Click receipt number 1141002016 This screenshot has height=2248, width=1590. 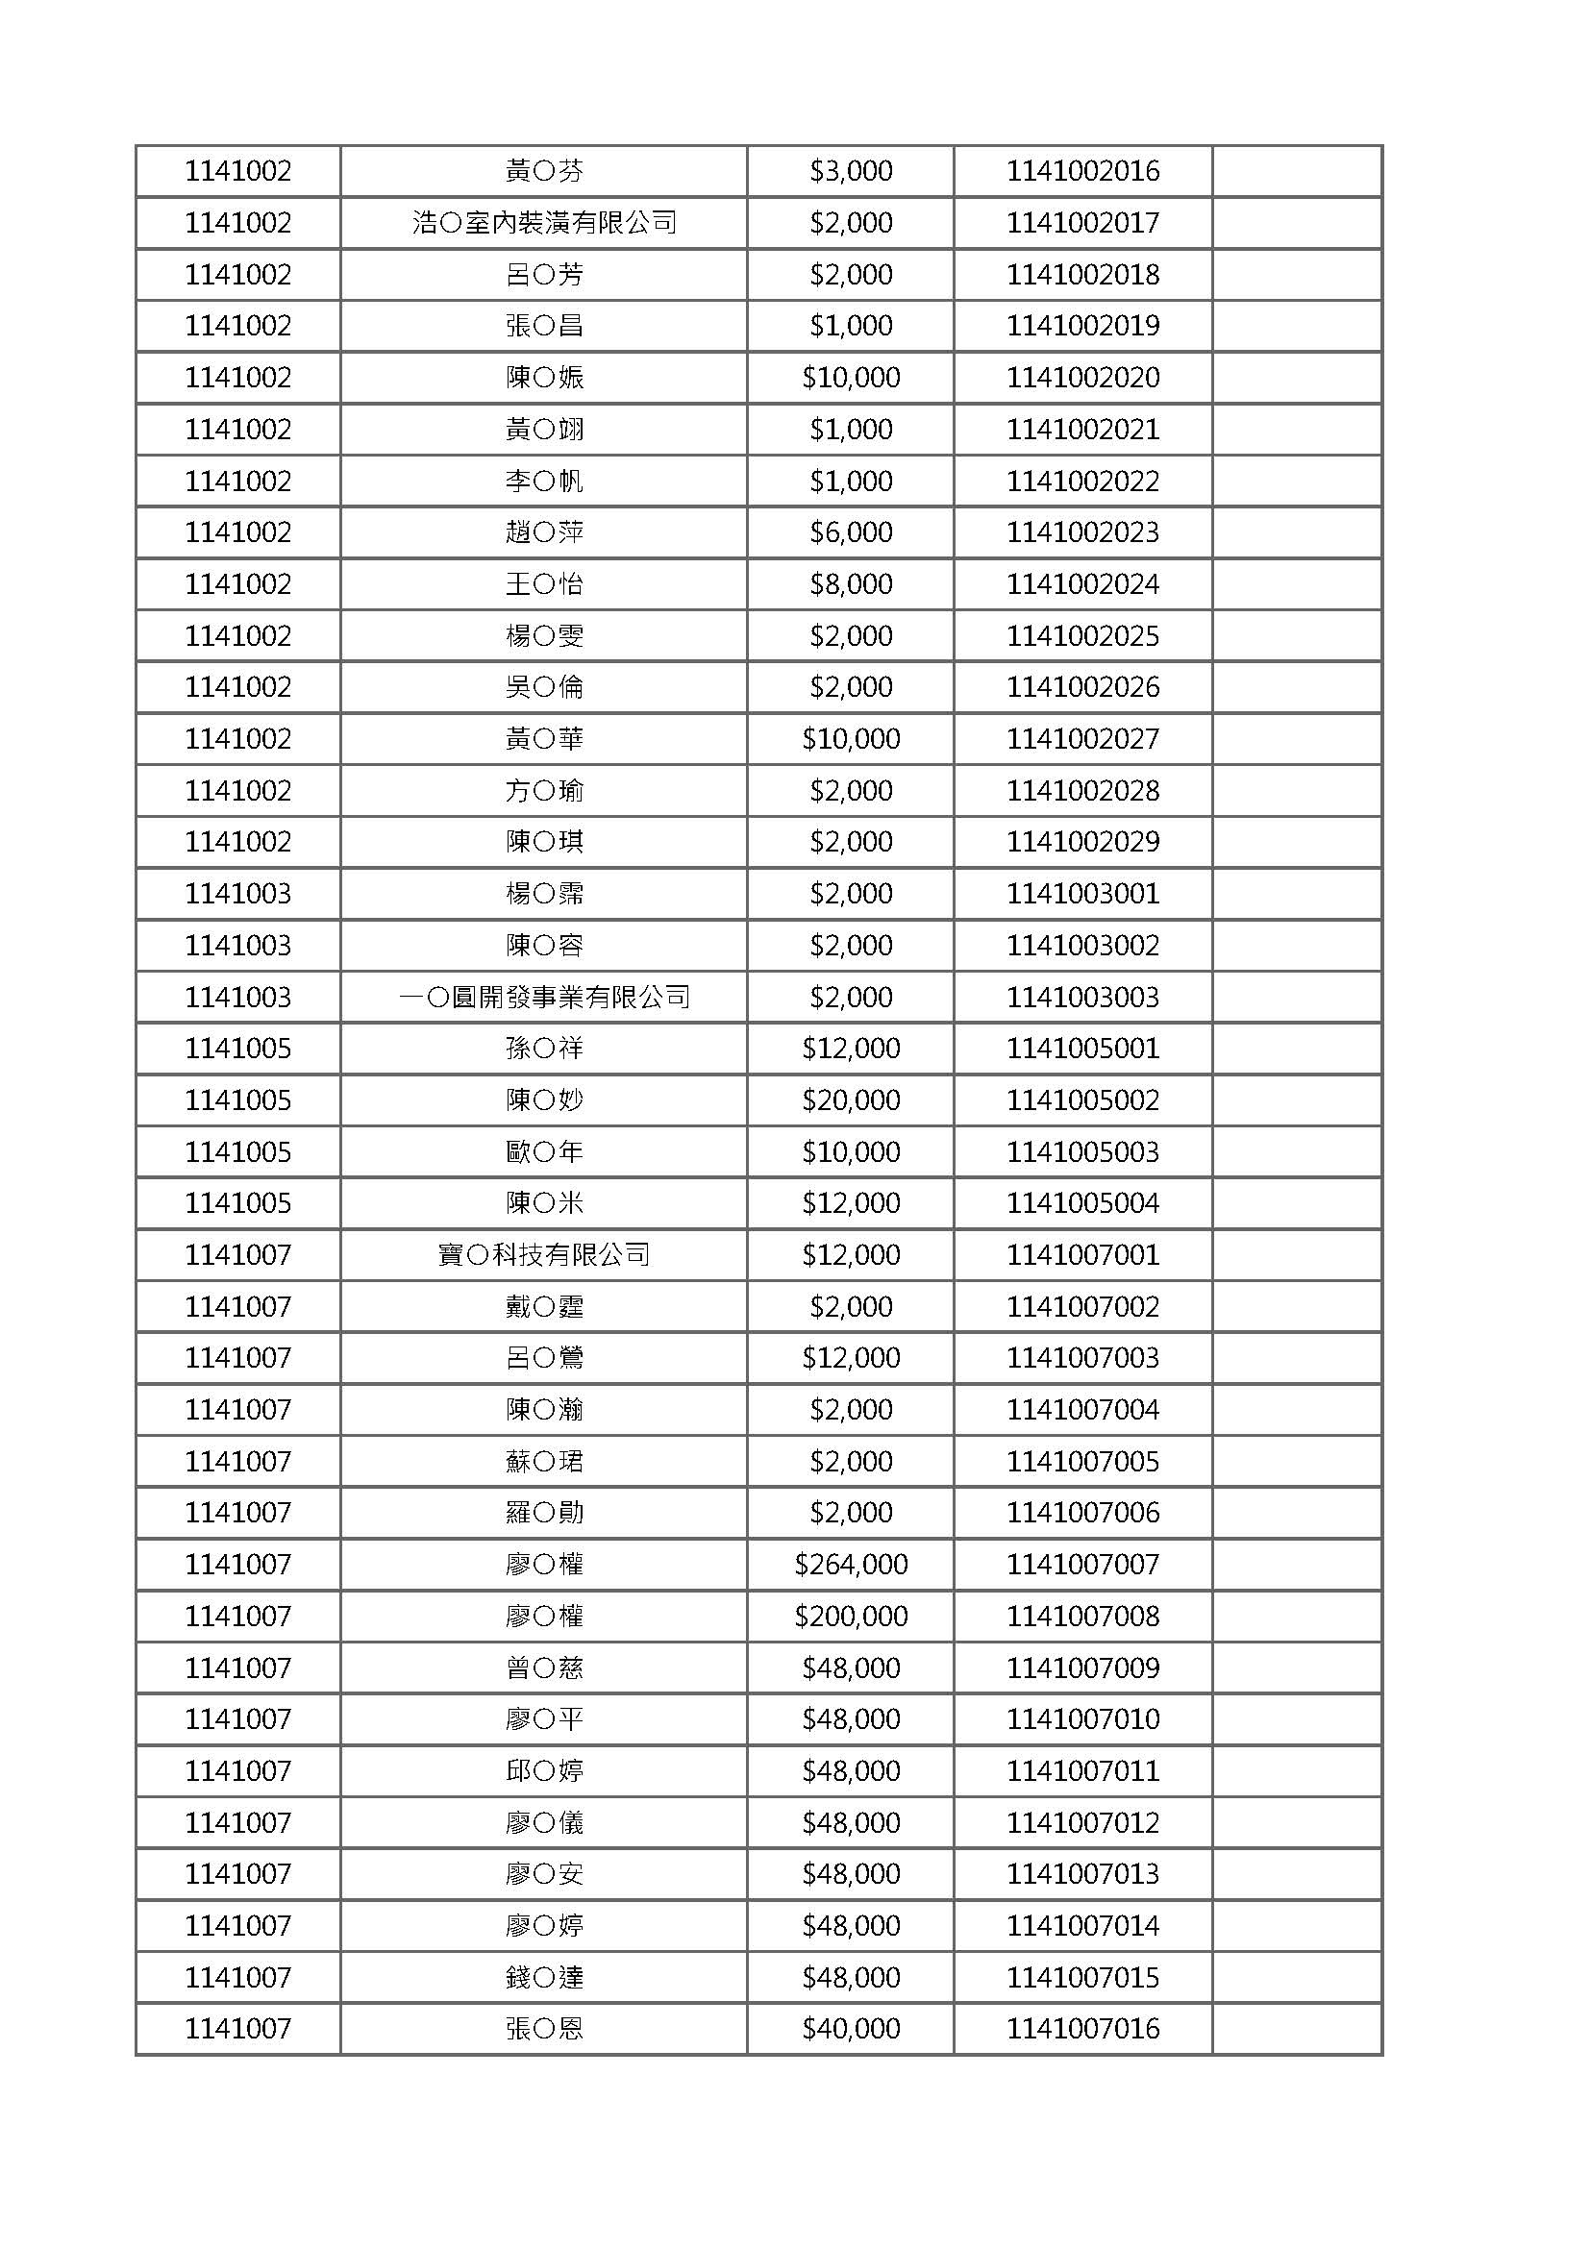[x=1081, y=171]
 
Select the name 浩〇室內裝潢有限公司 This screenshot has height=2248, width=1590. [x=543, y=223]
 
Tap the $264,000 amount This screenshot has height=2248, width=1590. [x=850, y=1565]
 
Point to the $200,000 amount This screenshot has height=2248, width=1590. [x=850, y=1617]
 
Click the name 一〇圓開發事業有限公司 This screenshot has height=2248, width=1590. [x=543, y=998]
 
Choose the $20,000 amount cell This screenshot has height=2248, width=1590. [x=850, y=1100]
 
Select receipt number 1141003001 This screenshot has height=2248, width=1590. [x=1081, y=894]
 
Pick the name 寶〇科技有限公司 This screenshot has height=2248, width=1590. [x=543, y=1255]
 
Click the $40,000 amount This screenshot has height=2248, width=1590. [x=850, y=2029]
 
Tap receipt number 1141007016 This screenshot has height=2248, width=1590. [x=1081, y=2029]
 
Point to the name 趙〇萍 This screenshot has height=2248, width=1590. [x=543, y=532]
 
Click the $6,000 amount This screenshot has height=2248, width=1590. [x=850, y=532]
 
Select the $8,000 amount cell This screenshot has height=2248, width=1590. [x=850, y=584]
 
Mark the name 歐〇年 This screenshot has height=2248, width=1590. [x=543, y=1152]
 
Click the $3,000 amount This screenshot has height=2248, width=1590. [x=850, y=171]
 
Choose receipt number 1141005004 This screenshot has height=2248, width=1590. [x=1081, y=1203]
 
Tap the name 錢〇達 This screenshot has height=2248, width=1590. [x=543, y=1978]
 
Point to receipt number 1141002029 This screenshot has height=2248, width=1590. [x=1081, y=842]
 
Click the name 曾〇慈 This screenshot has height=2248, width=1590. [x=543, y=1668]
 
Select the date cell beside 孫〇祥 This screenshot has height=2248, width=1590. [x=237, y=1049]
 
